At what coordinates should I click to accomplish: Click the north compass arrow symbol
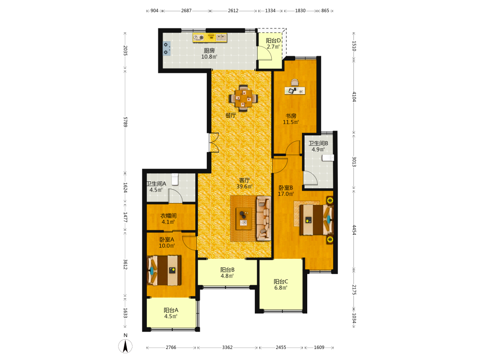click(125, 346)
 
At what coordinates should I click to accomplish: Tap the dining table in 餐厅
click(243, 98)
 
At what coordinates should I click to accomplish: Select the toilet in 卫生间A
click(175, 179)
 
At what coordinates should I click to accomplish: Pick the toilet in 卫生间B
click(328, 157)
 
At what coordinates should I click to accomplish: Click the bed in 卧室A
click(164, 270)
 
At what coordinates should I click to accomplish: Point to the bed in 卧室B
click(316, 219)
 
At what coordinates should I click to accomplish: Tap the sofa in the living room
click(264, 218)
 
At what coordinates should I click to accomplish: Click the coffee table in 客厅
click(244, 218)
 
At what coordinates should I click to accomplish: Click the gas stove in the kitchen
click(166, 48)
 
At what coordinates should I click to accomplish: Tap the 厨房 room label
click(209, 50)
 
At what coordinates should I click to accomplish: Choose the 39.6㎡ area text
click(244, 186)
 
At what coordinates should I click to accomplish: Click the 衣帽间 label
click(168, 216)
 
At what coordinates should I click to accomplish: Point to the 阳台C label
click(281, 282)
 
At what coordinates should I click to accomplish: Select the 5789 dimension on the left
click(125, 122)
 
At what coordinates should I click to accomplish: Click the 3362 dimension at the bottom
click(228, 348)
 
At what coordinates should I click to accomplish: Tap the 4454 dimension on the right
click(354, 230)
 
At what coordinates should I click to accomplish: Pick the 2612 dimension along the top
click(233, 11)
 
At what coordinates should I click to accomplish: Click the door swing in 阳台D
click(265, 53)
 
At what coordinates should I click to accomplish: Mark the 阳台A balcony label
click(171, 310)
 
